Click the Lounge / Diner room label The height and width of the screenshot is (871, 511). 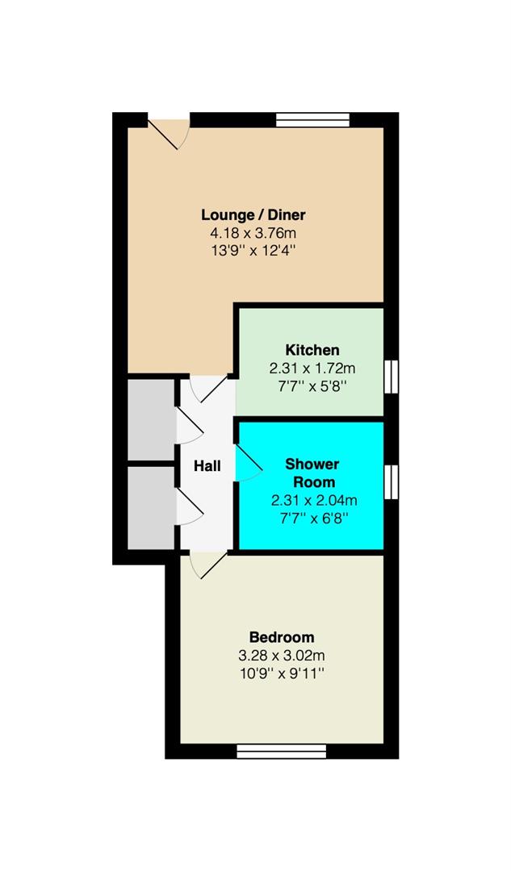(x=253, y=215)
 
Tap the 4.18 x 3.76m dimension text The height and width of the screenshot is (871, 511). (x=253, y=233)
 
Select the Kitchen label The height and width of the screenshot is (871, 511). (x=312, y=350)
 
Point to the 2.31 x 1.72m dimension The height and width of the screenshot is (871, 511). (x=312, y=368)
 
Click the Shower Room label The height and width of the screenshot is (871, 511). (x=312, y=473)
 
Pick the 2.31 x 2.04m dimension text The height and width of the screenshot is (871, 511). (x=314, y=501)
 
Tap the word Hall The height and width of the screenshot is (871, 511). (x=207, y=466)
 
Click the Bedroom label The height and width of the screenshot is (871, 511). (x=282, y=637)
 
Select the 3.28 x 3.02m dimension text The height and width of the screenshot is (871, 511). (x=282, y=656)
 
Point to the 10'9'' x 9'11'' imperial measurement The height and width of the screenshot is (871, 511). (x=282, y=673)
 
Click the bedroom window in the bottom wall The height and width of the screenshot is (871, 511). (x=282, y=752)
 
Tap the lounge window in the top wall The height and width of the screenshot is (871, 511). (x=313, y=120)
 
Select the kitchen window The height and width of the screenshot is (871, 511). (x=392, y=377)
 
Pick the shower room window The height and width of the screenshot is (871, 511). (x=392, y=482)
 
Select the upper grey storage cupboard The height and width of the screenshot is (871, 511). (x=151, y=419)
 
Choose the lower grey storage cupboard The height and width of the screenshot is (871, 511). (x=151, y=508)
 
